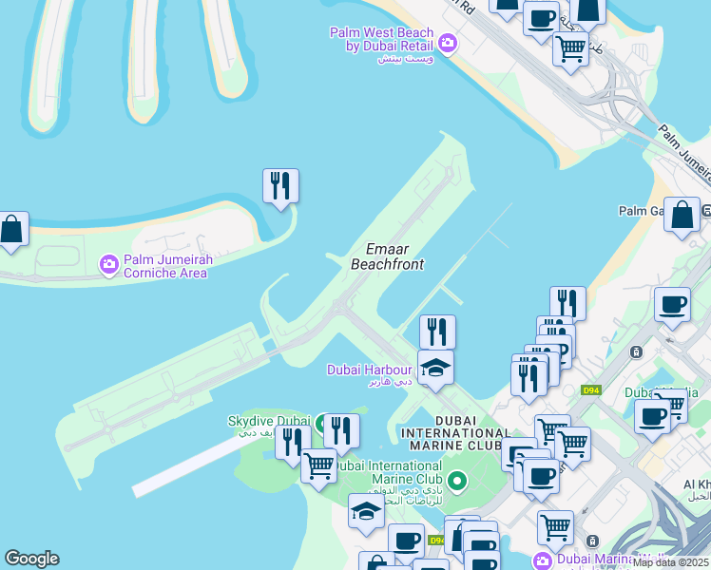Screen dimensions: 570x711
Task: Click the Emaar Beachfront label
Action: (387, 256)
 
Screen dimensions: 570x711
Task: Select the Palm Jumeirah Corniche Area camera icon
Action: (109, 263)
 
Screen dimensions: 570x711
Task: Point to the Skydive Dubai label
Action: (269, 422)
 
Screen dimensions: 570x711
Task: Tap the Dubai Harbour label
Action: (370, 370)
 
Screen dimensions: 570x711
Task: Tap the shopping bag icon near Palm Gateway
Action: (682, 214)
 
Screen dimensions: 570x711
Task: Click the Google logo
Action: (31, 559)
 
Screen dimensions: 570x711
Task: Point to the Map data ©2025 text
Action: (671, 562)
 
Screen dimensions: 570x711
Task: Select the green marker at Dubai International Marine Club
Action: (457, 481)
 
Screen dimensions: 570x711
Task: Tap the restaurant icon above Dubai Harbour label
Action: (437, 331)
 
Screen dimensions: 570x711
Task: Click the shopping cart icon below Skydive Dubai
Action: (318, 465)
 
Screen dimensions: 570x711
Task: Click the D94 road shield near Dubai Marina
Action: (591, 389)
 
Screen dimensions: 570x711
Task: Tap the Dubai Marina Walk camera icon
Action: (543, 560)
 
